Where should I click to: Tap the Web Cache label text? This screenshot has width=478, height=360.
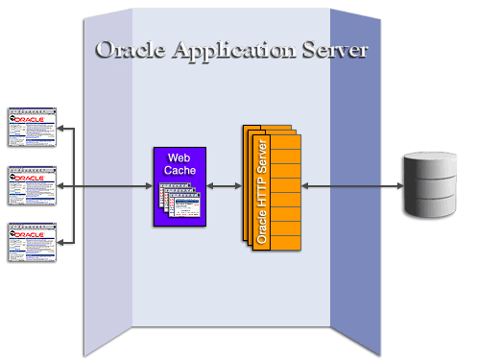[x=181, y=163]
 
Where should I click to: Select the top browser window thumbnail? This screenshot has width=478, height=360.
[x=31, y=126]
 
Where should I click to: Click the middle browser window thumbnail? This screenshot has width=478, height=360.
[x=31, y=185]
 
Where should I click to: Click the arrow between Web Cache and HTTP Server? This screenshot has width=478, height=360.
[x=225, y=185]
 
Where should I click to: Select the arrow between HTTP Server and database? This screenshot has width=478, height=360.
[x=351, y=185]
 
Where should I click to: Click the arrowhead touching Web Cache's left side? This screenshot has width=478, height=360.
[x=149, y=185]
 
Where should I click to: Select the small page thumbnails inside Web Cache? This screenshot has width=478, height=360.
[x=179, y=203]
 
